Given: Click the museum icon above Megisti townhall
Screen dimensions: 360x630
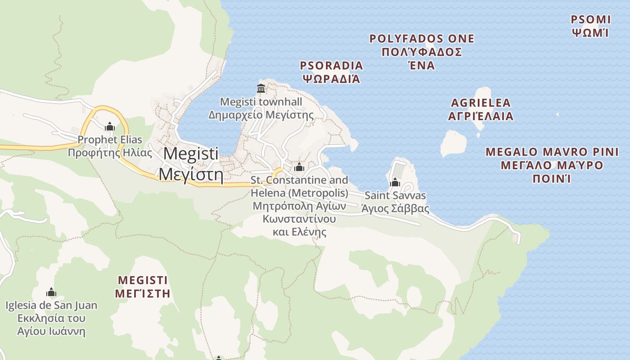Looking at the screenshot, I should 261,87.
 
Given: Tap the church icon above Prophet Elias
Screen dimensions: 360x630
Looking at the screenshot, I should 110,127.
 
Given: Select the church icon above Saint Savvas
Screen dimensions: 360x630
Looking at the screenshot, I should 395,182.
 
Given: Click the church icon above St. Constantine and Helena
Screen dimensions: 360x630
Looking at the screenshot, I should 299,167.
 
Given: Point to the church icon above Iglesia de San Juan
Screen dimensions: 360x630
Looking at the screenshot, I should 51,292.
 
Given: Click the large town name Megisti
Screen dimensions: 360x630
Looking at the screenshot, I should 191,153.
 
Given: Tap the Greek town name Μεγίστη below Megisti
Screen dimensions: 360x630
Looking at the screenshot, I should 191,174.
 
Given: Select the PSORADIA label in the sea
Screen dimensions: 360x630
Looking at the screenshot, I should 331,66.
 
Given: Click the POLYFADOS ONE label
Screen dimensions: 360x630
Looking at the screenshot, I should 422,39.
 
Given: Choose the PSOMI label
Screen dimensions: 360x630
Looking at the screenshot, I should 590,20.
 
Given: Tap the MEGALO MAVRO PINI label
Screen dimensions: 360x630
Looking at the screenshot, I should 552,152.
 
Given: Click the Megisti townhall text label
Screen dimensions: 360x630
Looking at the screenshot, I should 261,102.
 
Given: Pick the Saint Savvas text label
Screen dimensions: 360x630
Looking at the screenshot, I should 395,196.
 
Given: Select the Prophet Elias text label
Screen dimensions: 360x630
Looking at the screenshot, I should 110,139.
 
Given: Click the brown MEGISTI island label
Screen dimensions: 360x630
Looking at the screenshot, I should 143,280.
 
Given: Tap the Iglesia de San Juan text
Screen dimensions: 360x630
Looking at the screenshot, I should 51,306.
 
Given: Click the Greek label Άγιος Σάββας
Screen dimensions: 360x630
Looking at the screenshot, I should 395,209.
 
